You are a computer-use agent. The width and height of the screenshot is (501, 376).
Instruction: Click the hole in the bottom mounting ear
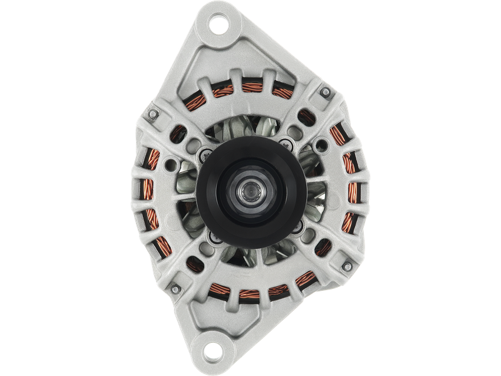[210, 348]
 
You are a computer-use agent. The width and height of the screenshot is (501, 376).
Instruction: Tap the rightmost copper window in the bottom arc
[282, 290]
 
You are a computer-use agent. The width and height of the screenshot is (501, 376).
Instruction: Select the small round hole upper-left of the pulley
[171, 164]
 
